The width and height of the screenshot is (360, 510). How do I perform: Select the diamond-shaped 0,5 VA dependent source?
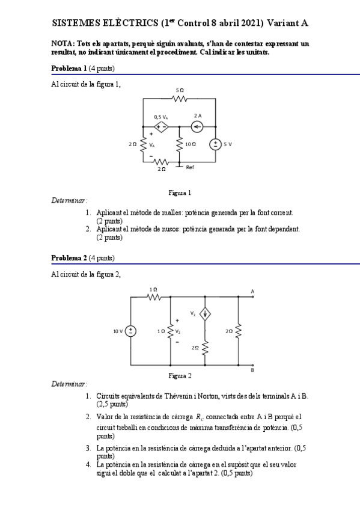(161, 126)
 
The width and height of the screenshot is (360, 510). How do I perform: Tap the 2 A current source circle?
(197, 126)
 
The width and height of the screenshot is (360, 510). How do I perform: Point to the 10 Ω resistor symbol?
(179, 144)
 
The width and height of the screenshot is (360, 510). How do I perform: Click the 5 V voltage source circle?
(215, 144)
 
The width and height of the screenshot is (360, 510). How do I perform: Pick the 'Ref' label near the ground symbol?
(190, 167)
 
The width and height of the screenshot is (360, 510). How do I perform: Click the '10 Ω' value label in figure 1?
(191, 144)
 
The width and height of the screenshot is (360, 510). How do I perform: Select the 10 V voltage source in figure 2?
(131, 331)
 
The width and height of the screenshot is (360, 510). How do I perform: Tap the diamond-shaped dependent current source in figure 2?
(205, 314)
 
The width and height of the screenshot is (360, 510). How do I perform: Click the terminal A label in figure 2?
(252, 292)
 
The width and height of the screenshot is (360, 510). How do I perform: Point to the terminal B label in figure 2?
(252, 370)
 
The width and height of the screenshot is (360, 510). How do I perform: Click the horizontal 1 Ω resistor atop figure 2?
(153, 296)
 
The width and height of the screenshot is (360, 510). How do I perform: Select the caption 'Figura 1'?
(180, 193)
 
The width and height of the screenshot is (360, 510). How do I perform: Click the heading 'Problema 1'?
(69, 68)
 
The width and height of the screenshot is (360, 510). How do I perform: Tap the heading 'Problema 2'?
(69, 258)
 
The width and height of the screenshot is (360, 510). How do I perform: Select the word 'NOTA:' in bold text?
(62, 44)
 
